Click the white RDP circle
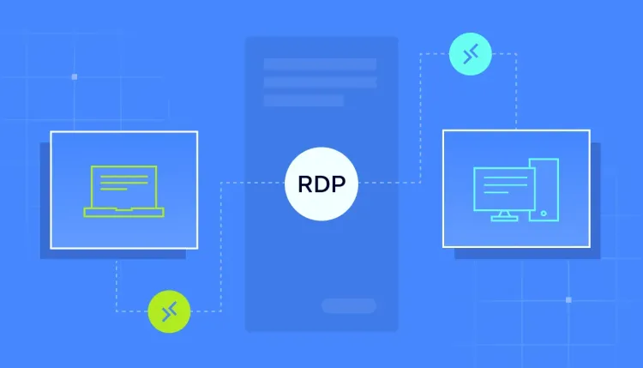coord(321,184)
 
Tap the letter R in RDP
coord(304,184)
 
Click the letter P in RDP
coord(339,184)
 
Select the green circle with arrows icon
coord(169,311)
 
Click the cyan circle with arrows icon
coord(471,54)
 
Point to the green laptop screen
coord(123,187)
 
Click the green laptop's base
coord(123,212)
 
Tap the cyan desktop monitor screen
coord(504,189)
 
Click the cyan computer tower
coord(544,190)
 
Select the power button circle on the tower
coord(544,214)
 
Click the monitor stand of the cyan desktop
coord(504,216)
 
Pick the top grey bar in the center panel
coord(320,64)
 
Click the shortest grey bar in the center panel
coord(303,100)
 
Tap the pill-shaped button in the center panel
coord(349,305)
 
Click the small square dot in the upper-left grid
coord(75,76)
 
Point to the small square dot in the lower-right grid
coord(568,300)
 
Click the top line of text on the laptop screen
coord(123,177)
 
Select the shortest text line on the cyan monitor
coord(496,192)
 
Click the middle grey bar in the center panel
coord(320,82)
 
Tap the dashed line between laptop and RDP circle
coord(220,246)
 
